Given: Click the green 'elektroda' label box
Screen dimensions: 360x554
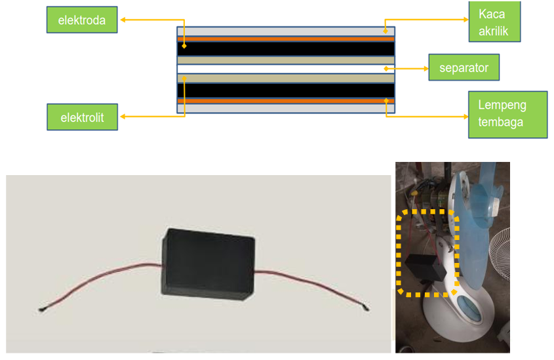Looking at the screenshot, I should tap(82, 20).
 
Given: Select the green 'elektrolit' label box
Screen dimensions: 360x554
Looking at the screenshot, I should tap(83, 118).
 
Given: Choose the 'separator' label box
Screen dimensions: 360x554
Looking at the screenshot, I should tap(464, 68).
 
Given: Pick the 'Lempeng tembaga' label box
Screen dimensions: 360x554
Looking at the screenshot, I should tap(507, 114).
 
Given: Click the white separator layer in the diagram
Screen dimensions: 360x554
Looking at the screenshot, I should tap(285, 68).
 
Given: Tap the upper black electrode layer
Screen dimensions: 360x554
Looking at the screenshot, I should tap(285, 49).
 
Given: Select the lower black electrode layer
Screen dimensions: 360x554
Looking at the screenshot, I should tap(285, 90).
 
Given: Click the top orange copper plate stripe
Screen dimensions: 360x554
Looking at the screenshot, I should tap(285, 39).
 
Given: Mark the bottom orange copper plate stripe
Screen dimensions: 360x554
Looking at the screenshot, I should tap(285, 101).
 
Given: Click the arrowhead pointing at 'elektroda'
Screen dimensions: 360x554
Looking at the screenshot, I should tap(123, 20).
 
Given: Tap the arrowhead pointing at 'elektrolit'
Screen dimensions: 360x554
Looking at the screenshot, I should tap(123, 117).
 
